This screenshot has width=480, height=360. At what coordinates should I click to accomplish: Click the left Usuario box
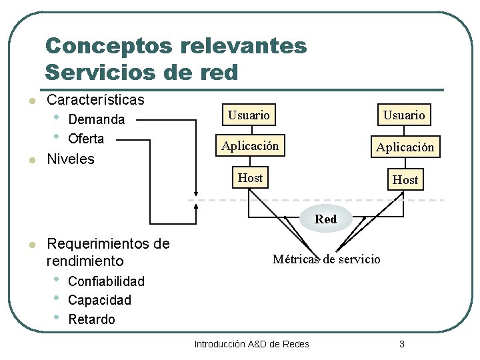click(249, 115)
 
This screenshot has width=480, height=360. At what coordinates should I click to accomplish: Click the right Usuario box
click(403, 115)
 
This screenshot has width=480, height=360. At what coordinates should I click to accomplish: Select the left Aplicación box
click(250, 146)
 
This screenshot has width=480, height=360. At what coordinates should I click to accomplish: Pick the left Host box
click(250, 178)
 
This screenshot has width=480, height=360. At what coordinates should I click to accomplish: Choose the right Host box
click(405, 180)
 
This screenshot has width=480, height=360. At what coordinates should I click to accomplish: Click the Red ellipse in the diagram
click(325, 219)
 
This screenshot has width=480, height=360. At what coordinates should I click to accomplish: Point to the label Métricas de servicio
click(326, 259)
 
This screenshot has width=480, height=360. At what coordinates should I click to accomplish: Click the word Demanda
click(97, 120)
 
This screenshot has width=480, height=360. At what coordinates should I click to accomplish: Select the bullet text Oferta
click(86, 139)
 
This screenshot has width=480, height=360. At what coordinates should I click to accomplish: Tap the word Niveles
click(71, 159)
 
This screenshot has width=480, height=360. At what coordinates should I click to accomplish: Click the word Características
click(95, 101)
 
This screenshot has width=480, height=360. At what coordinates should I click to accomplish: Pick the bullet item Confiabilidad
click(106, 281)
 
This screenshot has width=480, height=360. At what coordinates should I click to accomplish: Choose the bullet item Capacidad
click(99, 301)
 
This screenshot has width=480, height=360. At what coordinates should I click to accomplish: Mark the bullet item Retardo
click(91, 320)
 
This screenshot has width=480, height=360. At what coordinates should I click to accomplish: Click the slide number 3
click(402, 344)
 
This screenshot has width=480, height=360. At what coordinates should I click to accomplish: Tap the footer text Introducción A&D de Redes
click(251, 344)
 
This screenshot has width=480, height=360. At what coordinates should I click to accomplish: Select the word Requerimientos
click(108, 244)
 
